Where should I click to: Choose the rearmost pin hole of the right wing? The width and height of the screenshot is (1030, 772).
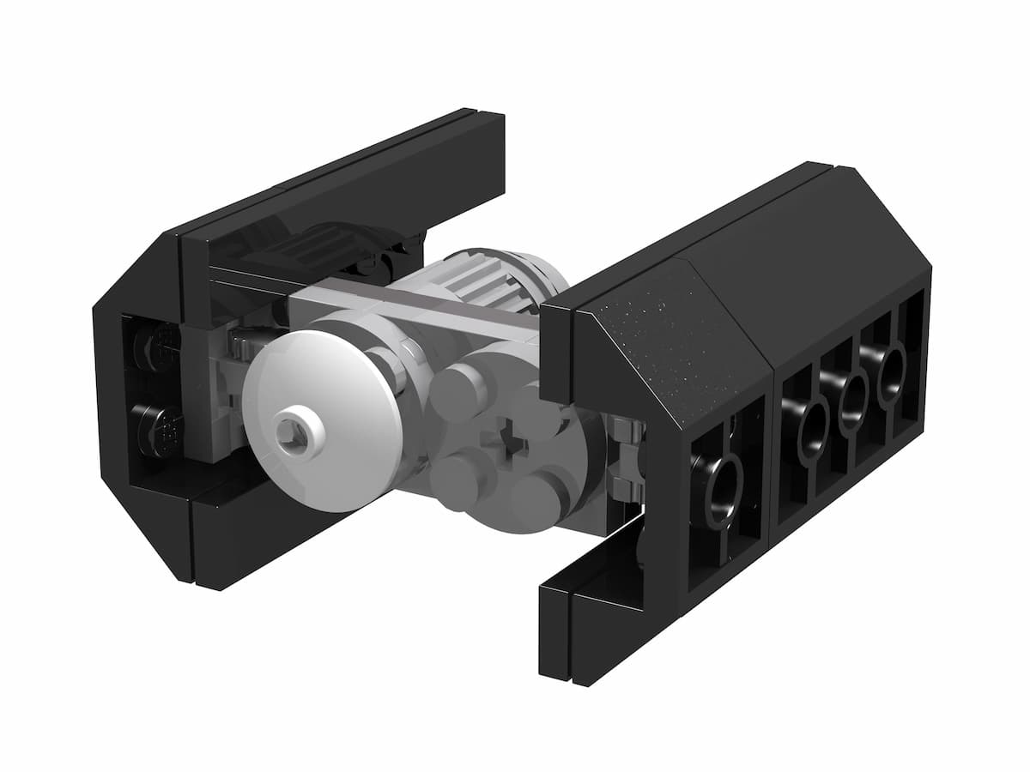[893, 370]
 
